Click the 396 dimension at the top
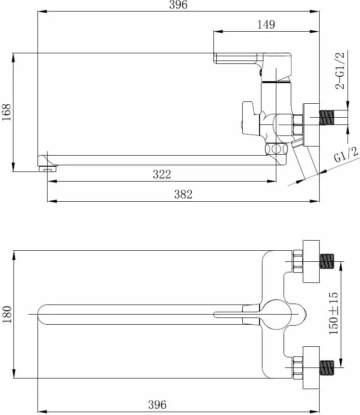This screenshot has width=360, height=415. click(178, 5)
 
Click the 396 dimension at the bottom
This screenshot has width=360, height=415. click(157, 405)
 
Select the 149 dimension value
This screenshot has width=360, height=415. click(266, 24)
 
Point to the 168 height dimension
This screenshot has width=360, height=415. click(6, 112)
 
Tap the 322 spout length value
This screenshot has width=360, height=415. click(162, 174)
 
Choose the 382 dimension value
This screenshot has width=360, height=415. click(183, 194)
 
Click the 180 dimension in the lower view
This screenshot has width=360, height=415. click(7, 314)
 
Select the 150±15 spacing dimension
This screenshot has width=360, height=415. click(334, 313)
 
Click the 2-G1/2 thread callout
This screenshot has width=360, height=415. click(340, 71)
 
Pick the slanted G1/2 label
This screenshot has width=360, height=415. click(346, 155)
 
